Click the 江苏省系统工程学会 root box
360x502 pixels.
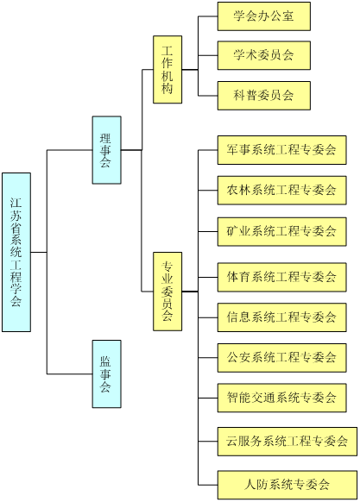click(x=16, y=252)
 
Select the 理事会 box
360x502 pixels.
click(x=107, y=150)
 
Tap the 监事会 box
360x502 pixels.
click(x=107, y=373)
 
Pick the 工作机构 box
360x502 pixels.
click(x=167, y=70)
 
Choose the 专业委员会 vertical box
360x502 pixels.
click(x=167, y=292)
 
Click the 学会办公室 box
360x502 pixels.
click(x=264, y=16)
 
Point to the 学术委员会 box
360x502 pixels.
click(x=264, y=55)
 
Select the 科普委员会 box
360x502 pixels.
click(x=264, y=96)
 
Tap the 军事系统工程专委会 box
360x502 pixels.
click(x=282, y=150)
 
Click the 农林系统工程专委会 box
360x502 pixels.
click(x=282, y=190)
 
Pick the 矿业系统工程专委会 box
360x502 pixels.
click(x=282, y=231)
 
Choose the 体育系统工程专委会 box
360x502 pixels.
click(x=282, y=277)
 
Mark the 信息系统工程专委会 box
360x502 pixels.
click(x=282, y=317)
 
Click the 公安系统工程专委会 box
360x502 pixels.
click(x=282, y=358)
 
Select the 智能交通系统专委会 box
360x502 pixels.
click(x=282, y=398)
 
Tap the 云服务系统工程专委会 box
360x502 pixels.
click(x=287, y=441)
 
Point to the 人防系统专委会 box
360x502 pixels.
click(x=287, y=485)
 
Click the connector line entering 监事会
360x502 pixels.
click(x=70, y=373)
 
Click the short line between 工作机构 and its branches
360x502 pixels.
click(x=190, y=70)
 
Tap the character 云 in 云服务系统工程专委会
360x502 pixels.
click(x=232, y=441)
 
